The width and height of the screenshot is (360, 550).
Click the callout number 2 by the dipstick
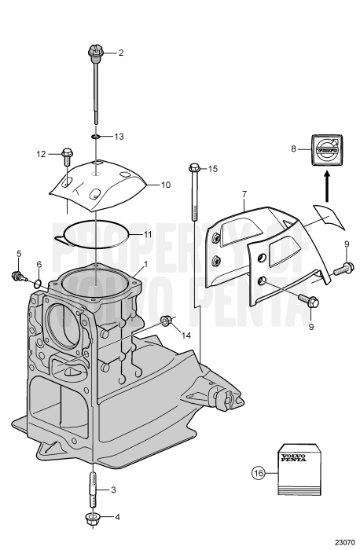click(120, 53)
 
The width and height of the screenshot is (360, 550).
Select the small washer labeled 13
click(95, 136)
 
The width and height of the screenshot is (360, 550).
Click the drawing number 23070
click(345, 542)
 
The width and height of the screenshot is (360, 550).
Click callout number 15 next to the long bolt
click(212, 168)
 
